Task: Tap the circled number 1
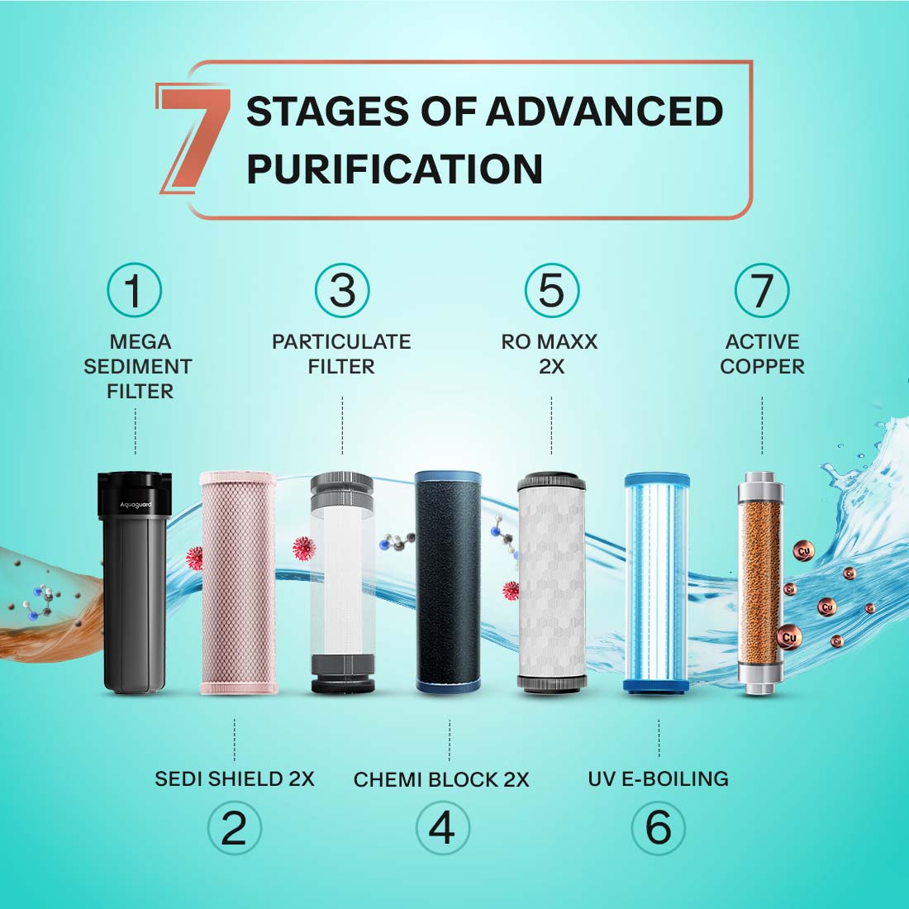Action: pyautogui.click(x=134, y=290)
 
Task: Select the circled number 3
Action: pyautogui.click(x=343, y=290)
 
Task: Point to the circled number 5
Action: pyautogui.click(x=552, y=290)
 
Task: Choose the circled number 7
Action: pyautogui.click(x=762, y=290)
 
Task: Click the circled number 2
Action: pyautogui.click(x=234, y=828)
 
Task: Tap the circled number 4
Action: pyautogui.click(x=443, y=828)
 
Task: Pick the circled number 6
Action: pyautogui.click(x=658, y=828)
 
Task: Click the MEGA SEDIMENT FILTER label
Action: pyautogui.click(x=139, y=366)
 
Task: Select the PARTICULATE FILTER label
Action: pyautogui.click(x=341, y=355)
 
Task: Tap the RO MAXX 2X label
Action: pyautogui.click(x=550, y=355)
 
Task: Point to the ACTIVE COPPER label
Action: pyautogui.click(x=763, y=355)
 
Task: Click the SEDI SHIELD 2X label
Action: pyautogui.click(x=234, y=778)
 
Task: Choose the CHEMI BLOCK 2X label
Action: pyautogui.click(x=442, y=780)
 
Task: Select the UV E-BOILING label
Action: pyautogui.click(x=659, y=778)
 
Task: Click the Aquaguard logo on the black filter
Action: pyautogui.click(x=136, y=505)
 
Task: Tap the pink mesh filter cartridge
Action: pyautogui.click(x=239, y=583)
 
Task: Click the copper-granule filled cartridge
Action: pyautogui.click(x=760, y=583)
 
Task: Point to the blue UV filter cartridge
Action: pyautogui.click(x=657, y=583)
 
